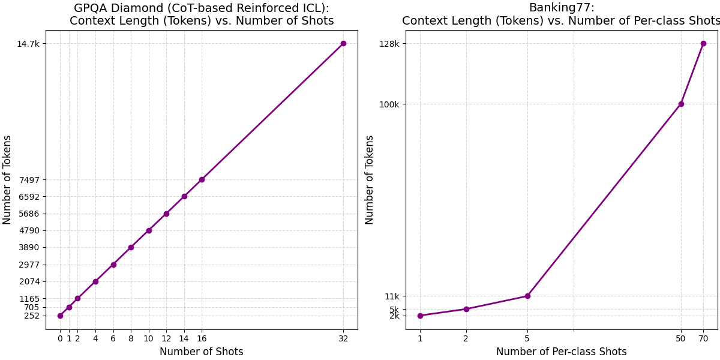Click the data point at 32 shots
coord(343,43)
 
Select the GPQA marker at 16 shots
coord(202,179)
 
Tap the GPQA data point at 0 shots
coord(60,316)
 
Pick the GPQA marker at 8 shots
coord(131,247)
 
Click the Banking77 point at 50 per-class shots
coord(681,104)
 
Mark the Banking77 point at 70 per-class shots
coord(703,43)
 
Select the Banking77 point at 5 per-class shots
coord(527,296)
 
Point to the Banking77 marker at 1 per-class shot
coord(420,316)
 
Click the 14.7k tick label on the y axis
coord(28,44)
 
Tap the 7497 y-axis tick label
coord(29,180)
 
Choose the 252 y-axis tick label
coord(32,316)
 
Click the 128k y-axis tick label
coord(389,44)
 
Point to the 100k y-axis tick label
coord(389,104)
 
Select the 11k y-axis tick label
coord(392,296)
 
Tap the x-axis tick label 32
coord(343,338)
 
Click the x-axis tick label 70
coord(703,338)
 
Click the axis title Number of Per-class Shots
coord(561,352)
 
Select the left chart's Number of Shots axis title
coord(202,352)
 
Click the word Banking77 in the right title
coord(561,8)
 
